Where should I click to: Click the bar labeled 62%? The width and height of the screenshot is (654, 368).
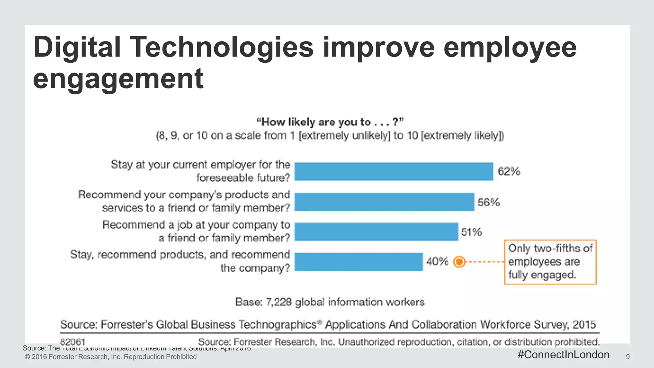tap(394, 172)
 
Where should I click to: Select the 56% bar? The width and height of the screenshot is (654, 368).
tap(384, 202)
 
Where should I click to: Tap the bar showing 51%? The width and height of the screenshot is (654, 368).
tap(376, 232)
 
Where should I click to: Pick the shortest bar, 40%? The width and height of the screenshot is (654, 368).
tap(359, 262)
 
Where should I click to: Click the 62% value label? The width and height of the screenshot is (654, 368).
tap(509, 172)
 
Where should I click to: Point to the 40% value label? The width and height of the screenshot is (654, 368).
tap(437, 262)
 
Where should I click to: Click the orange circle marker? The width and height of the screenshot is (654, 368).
tap(459, 262)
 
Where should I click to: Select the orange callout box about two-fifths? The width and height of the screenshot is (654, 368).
tap(550, 262)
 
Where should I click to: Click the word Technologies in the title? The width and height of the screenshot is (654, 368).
tap(222, 47)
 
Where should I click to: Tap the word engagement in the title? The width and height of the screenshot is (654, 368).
tap(118, 78)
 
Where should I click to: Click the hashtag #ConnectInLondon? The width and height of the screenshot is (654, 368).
tap(563, 355)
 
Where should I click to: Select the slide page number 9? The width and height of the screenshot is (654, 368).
tap(628, 357)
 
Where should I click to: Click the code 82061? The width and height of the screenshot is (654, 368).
tap(73, 342)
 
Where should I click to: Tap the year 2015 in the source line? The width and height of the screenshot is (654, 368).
tap(584, 325)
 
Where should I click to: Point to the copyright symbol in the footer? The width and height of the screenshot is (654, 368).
tap(27, 357)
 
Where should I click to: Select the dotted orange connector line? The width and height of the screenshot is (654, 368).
tap(485, 262)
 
